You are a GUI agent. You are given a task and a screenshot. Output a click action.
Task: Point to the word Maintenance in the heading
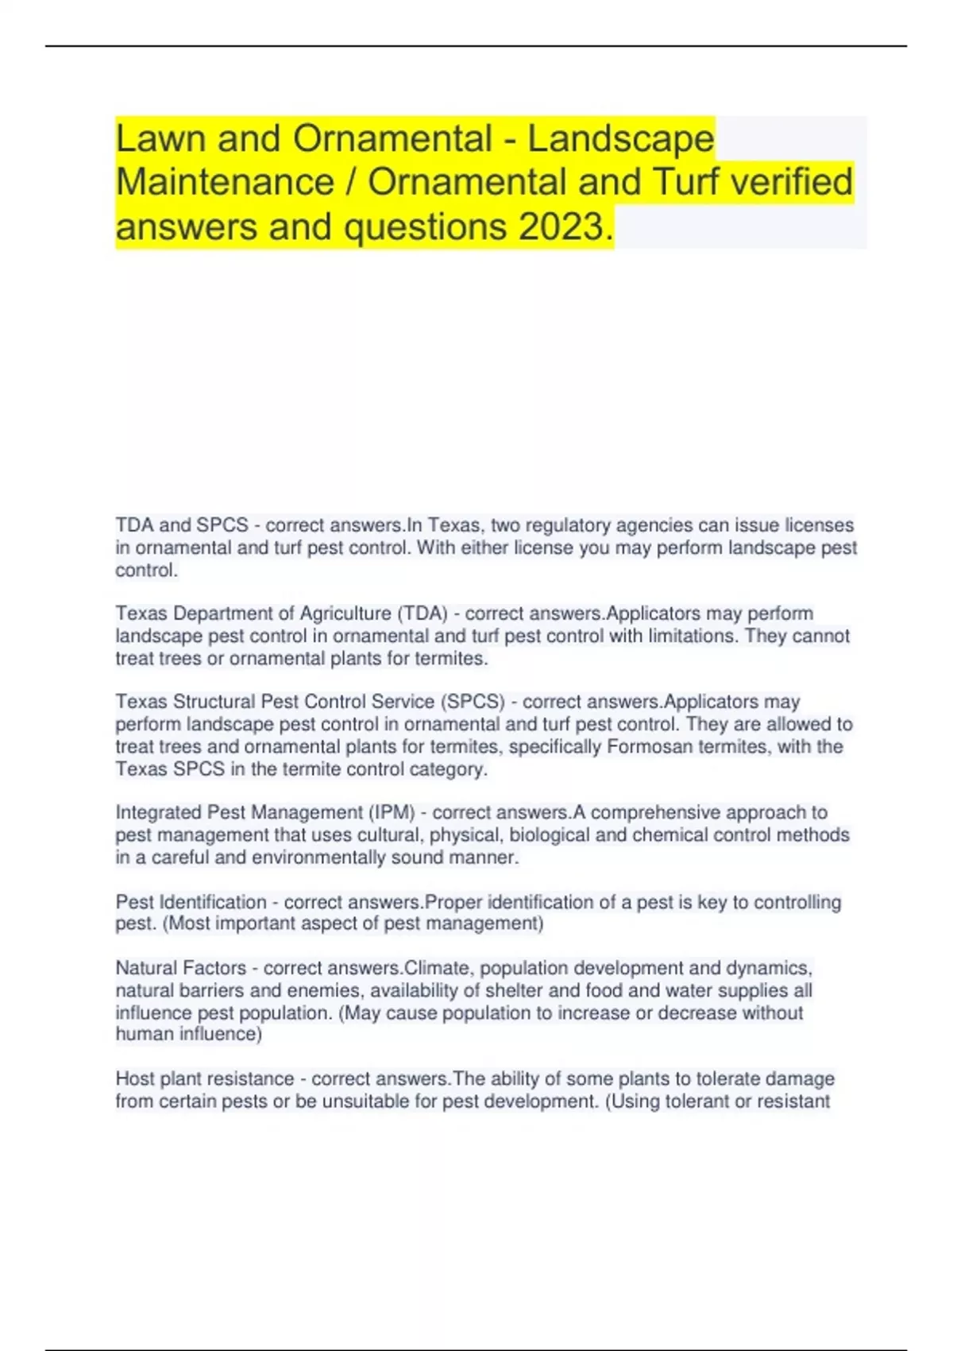(225, 183)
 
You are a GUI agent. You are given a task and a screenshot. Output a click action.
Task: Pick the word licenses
(819, 525)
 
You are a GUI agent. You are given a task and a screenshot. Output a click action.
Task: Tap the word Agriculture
(345, 614)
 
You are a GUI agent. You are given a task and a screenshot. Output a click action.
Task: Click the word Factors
(214, 968)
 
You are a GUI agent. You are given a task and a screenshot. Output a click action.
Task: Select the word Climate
(437, 968)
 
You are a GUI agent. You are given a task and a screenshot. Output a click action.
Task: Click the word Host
(135, 1078)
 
